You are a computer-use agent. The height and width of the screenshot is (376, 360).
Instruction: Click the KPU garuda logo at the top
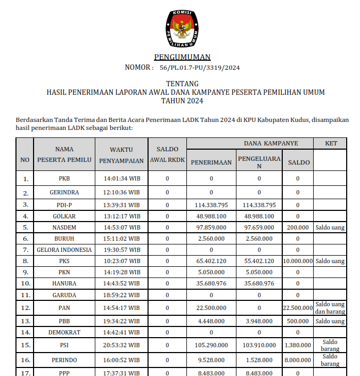[x=183, y=28]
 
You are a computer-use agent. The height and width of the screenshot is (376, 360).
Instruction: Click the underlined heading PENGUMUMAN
[x=182, y=57]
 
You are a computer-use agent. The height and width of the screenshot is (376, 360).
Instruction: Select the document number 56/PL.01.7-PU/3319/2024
[x=200, y=68]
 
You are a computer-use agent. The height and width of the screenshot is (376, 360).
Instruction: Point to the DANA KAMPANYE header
[x=271, y=144]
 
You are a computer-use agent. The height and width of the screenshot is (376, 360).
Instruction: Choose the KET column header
[x=330, y=144]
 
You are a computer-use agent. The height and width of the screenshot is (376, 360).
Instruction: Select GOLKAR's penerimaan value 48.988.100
[x=211, y=216]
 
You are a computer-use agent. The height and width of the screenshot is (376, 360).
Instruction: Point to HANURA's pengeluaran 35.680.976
[x=259, y=283]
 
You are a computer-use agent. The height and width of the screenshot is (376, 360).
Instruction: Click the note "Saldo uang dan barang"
[x=330, y=307]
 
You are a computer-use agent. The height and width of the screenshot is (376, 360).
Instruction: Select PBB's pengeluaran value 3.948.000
[x=259, y=321]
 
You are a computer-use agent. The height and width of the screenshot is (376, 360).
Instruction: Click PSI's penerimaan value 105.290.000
[x=211, y=346]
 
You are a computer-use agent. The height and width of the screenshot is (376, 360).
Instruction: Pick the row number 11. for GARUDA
[x=25, y=295]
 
